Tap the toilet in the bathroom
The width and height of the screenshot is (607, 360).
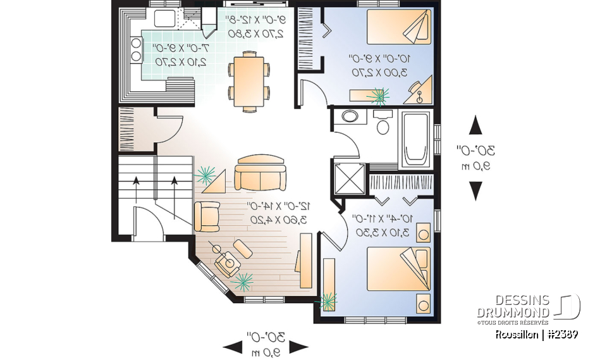click(382, 123)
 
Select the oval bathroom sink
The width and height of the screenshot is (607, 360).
click(349, 116)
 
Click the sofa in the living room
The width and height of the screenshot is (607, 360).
click(260, 173)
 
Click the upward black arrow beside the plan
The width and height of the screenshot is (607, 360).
click(475, 125)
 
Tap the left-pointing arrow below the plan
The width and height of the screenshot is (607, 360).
click(233, 346)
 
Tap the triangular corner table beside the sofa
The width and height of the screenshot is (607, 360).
click(215, 182)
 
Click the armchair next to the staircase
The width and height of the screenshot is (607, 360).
click(207, 215)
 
